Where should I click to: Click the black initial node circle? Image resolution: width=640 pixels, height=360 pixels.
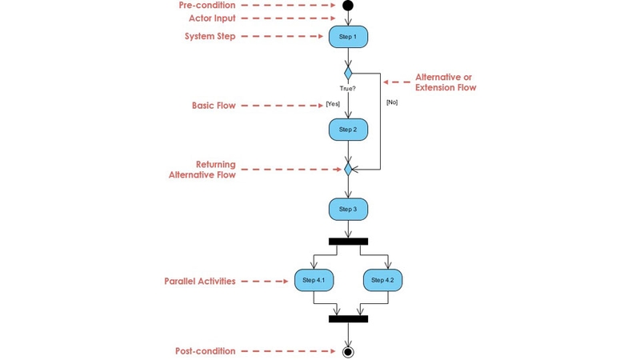coord(348,6)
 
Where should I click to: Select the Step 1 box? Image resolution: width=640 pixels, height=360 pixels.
coord(348,37)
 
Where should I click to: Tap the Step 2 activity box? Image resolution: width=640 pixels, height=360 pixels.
coord(348,130)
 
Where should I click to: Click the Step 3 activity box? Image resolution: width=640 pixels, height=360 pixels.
coord(348,210)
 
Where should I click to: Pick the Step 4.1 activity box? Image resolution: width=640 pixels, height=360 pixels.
coord(314,280)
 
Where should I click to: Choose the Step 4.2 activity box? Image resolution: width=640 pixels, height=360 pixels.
coord(383,280)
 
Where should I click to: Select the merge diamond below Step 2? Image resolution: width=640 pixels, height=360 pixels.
coord(348,170)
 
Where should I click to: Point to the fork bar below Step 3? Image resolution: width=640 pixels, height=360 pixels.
coord(348,241)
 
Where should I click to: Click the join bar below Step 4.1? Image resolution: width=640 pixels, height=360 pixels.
coord(348,318)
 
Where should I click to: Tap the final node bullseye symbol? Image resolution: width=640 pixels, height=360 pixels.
coord(348,351)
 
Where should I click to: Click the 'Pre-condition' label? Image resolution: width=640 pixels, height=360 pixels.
coord(206,6)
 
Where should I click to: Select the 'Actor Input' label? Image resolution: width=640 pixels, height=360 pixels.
coord(212,18)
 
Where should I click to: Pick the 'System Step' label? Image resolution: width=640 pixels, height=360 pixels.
coord(210,37)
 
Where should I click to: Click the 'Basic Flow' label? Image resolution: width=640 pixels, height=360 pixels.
coord(214,106)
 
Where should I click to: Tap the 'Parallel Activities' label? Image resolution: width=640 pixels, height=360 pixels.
coord(199,282)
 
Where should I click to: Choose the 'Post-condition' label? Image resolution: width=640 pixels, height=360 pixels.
coord(205,351)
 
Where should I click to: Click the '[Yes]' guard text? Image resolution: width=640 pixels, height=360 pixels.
coord(333,104)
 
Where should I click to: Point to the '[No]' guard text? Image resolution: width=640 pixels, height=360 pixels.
coord(392,102)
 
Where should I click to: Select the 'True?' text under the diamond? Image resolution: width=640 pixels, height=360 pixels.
coord(348,88)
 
